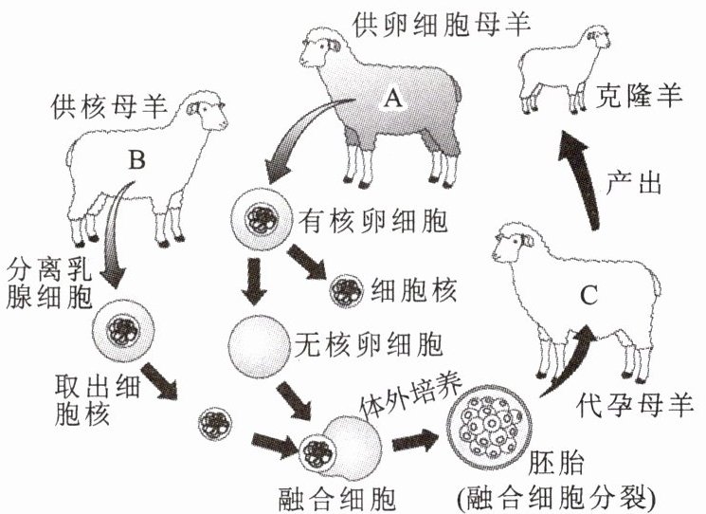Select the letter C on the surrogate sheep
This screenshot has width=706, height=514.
(588, 295)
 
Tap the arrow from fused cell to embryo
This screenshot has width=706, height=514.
(414, 439)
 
